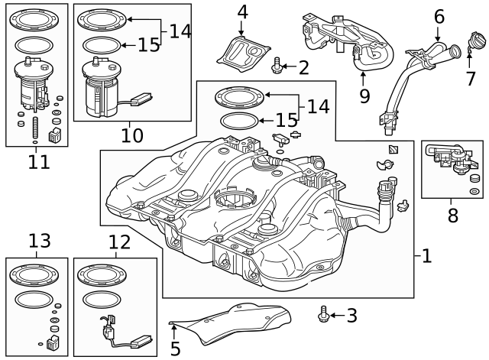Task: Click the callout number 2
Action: [303, 68]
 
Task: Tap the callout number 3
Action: [351, 314]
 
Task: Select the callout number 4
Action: [242, 12]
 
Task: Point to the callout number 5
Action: [175, 349]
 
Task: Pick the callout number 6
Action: [439, 16]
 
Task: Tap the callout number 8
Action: [452, 216]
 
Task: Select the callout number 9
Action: [364, 96]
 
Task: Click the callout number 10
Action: [131, 136]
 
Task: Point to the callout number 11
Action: [38, 161]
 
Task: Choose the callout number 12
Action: [119, 243]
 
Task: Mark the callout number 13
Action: [39, 242]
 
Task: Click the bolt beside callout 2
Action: [277, 67]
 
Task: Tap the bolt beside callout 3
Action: [324, 313]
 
